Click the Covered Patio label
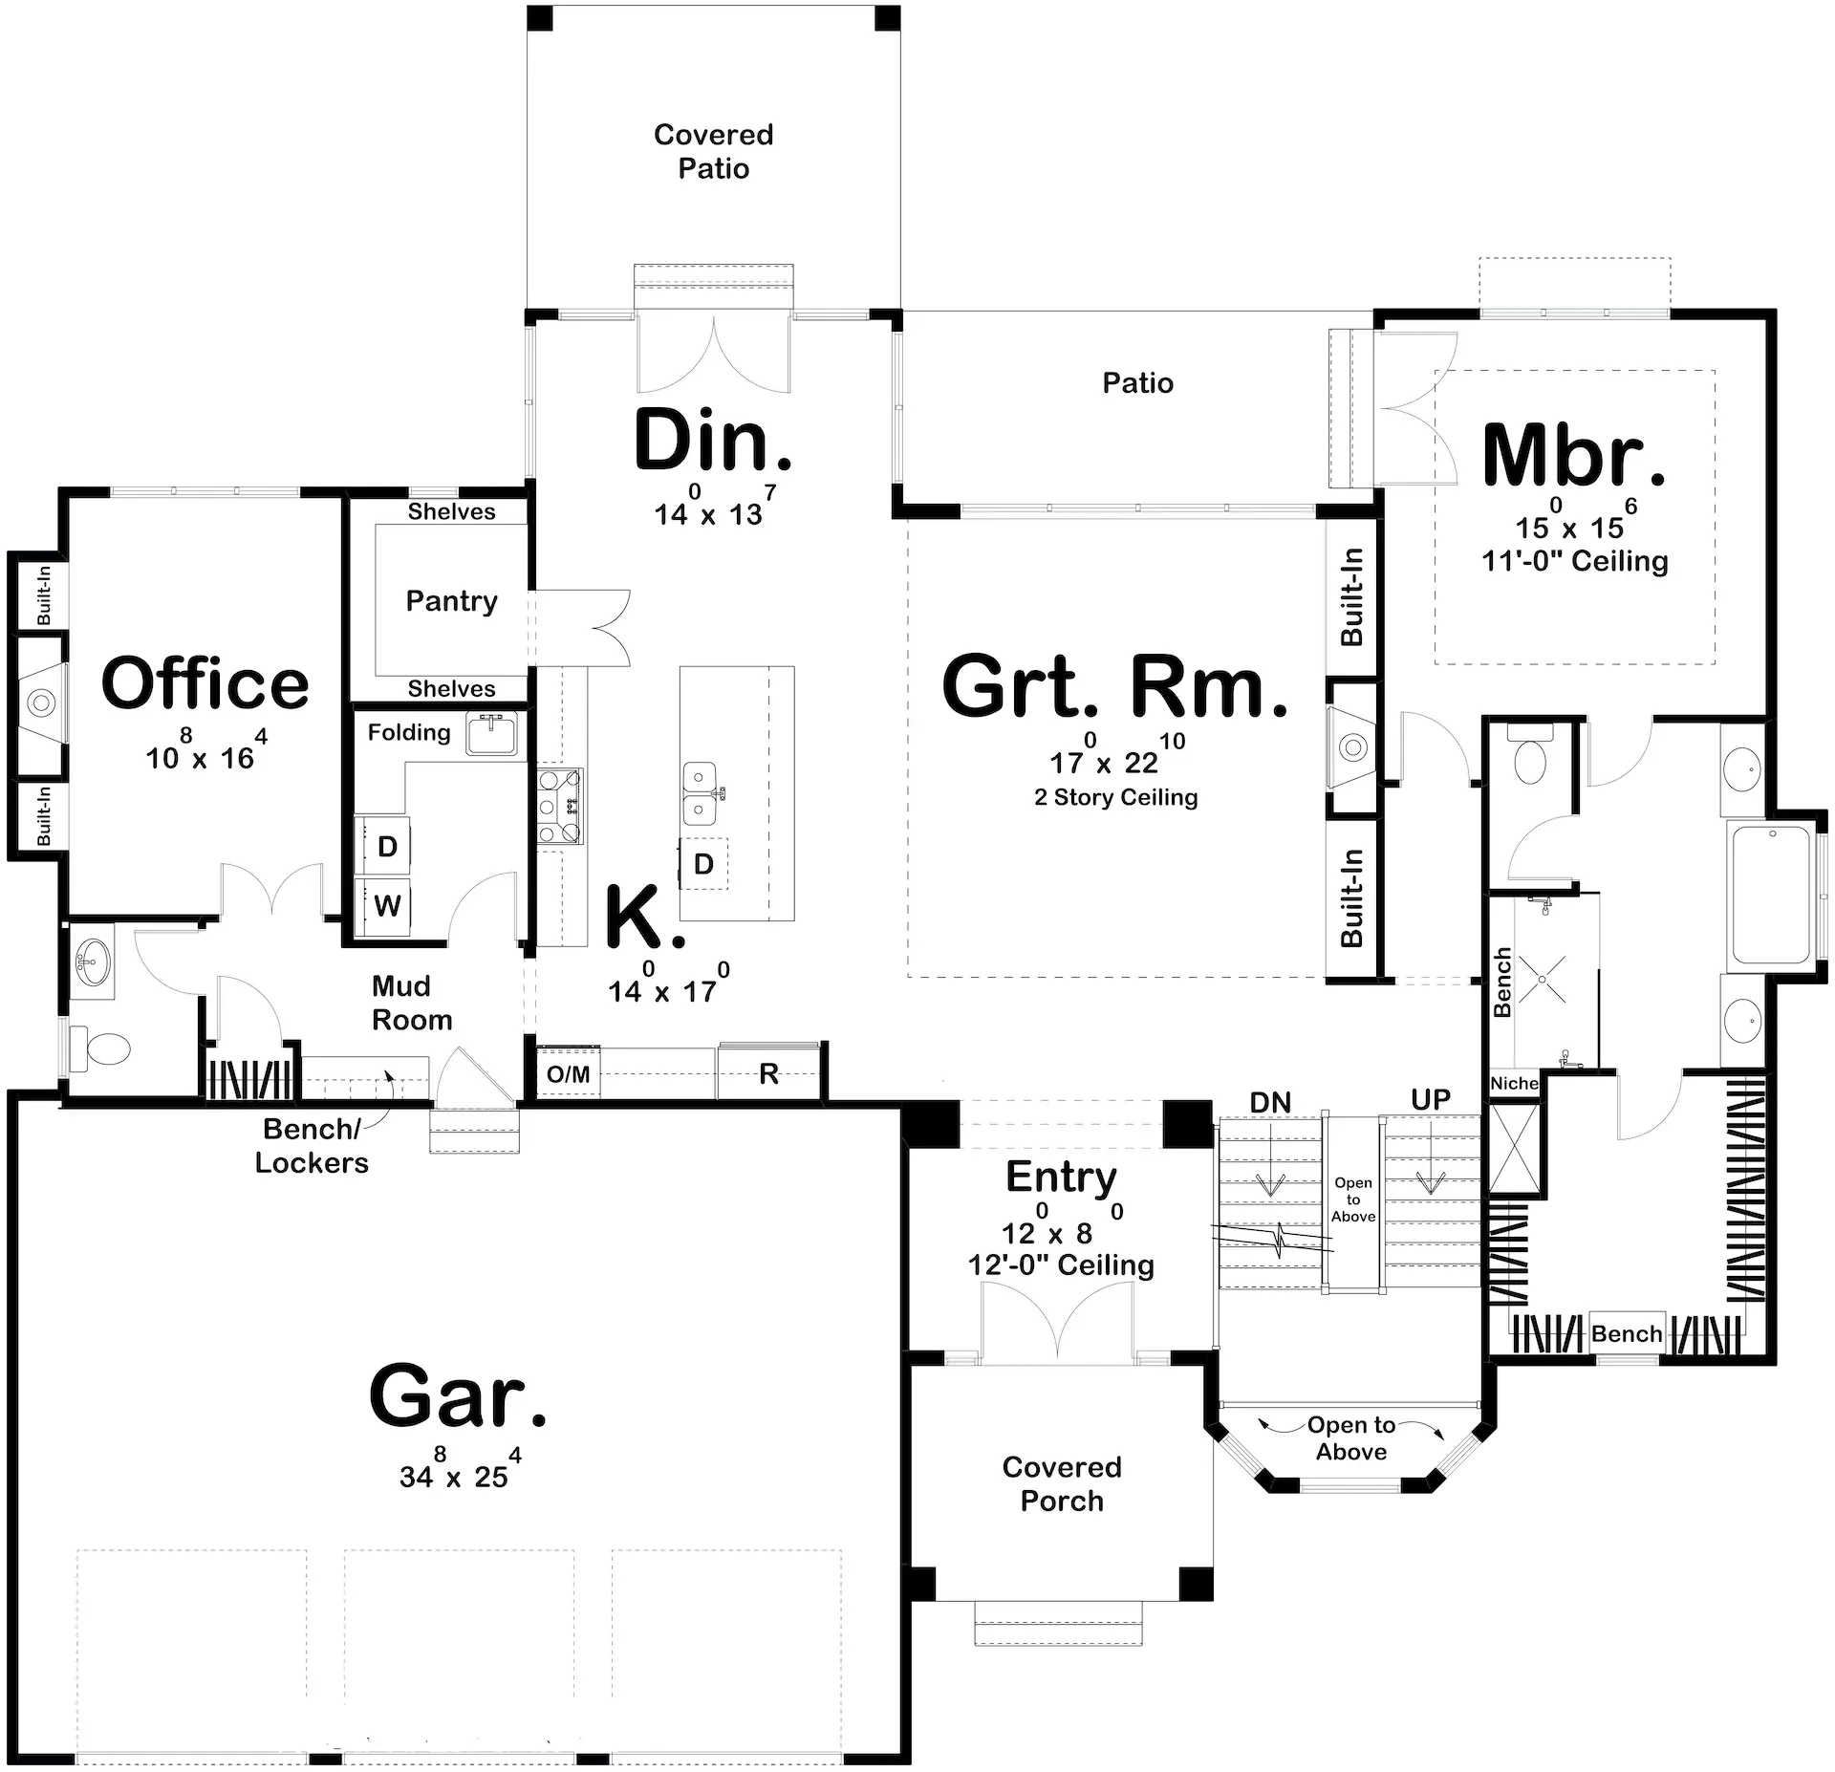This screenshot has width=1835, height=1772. [713, 151]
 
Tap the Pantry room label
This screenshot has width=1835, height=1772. [451, 601]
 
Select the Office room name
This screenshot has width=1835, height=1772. [205, 684]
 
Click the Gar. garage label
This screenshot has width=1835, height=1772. [458, 1397]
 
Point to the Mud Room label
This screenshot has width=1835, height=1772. [411, 1003]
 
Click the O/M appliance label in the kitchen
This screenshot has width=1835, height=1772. [568, 1074]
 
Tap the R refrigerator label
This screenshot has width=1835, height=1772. [768, 1074]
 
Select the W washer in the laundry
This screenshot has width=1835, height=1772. [387, 905]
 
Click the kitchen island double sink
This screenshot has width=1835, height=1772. [701, 793]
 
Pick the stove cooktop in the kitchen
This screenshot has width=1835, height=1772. [560, 805]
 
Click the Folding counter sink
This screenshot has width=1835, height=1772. [491, 734]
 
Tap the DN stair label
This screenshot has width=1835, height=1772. [1270, 1103]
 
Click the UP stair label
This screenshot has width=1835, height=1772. [1430, 1100]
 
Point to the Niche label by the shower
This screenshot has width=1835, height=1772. [1514, 1083]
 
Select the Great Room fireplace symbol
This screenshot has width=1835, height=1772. [1352, 746]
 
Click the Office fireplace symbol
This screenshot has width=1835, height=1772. [40, 703]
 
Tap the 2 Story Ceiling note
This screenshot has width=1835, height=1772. [1115, 797]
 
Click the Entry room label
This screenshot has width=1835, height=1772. [1061, 1177]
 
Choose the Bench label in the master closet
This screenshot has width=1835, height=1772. [1626, 1333]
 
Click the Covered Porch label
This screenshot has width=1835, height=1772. [1061, 1483]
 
